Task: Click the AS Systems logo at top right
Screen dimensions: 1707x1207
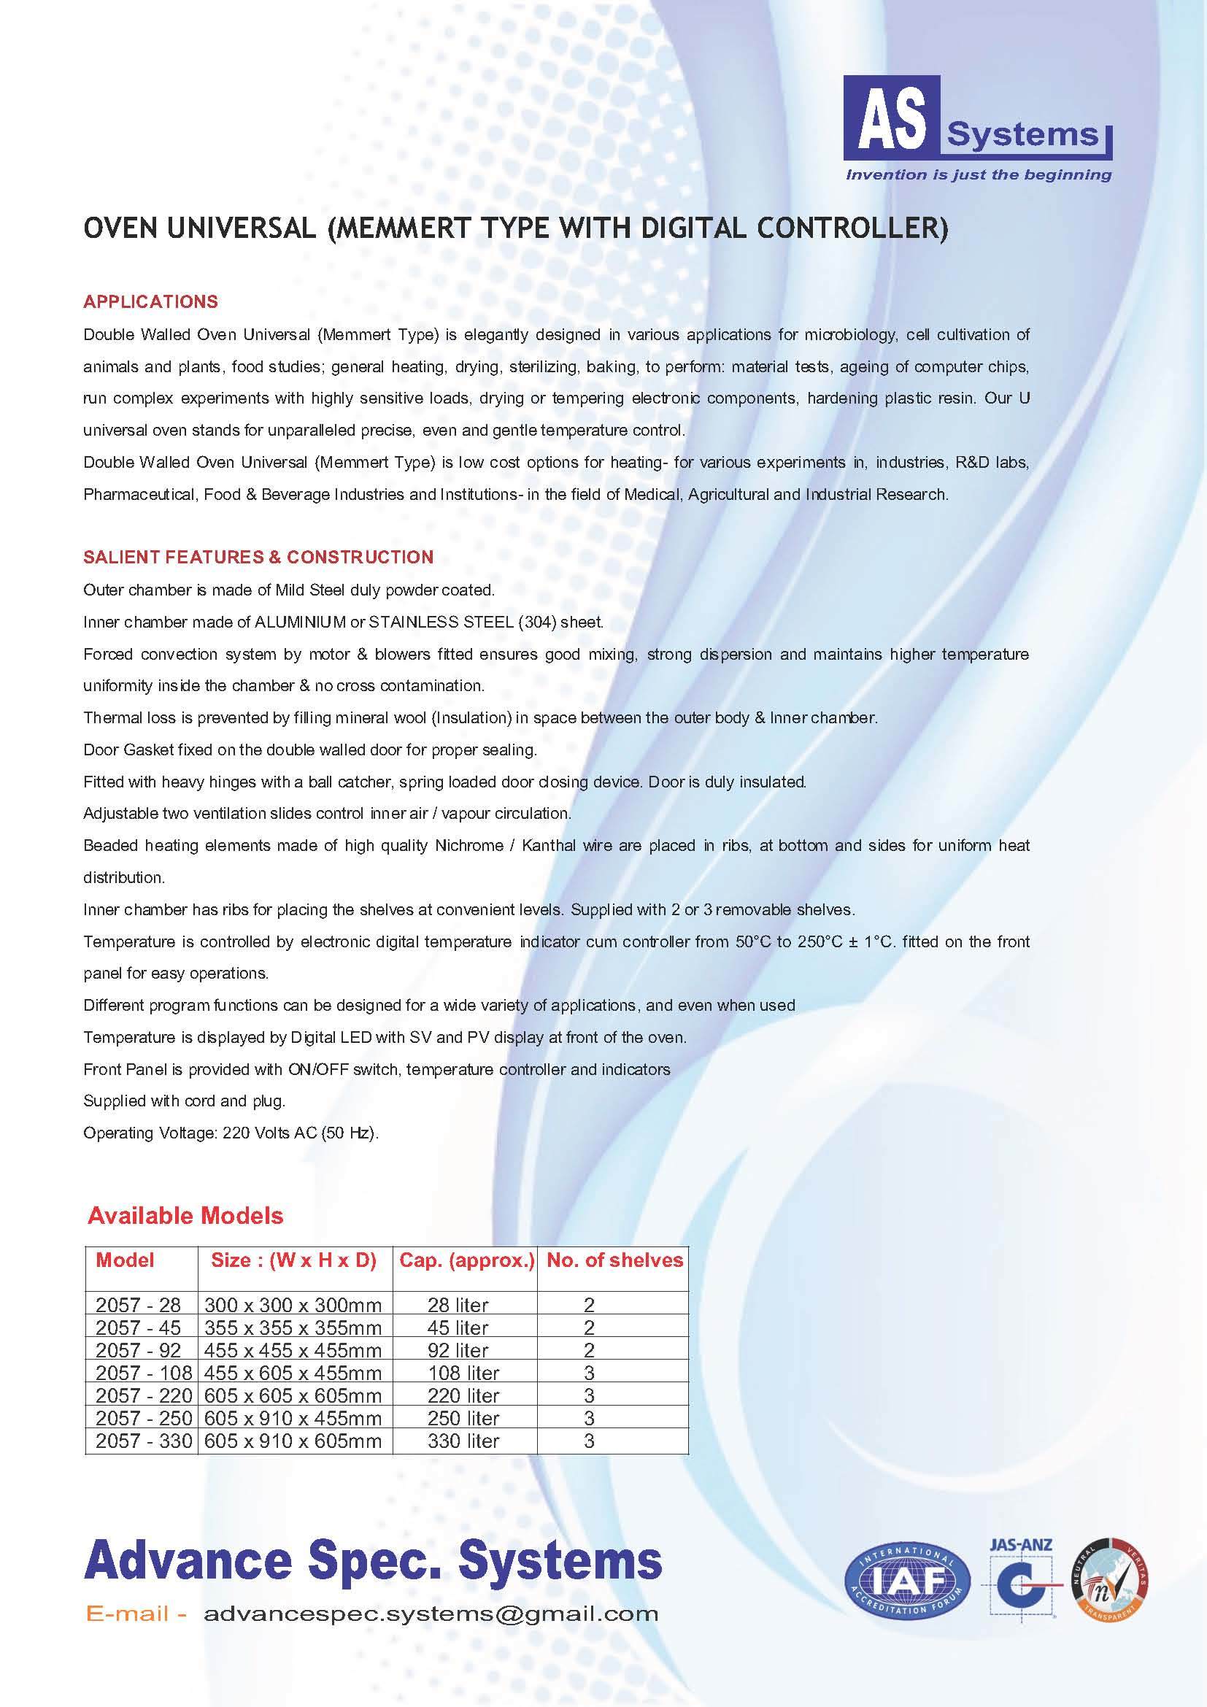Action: (x=976, y=119)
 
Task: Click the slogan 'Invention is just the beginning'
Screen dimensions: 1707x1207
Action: (x=978, y=175)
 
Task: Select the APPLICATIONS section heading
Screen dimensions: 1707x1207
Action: (x=151, y=302)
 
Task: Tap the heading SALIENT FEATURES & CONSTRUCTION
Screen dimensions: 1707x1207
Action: (x=258, y=557)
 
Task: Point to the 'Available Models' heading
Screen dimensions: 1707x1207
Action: (x=186, y=1216)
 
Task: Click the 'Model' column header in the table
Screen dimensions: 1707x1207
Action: (x=125, y=1260)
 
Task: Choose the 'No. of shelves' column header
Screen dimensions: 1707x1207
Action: (x=614, y=1260)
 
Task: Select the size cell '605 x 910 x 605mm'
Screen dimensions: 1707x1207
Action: (x=293, y=1441)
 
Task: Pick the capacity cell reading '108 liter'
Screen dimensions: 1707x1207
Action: (x=463, y=1373)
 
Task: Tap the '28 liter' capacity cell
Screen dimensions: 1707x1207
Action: (x=458, y=1305)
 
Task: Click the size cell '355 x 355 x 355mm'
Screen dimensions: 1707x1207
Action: (x=293, y=1328)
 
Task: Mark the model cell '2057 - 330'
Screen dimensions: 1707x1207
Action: (x=144, y=1441)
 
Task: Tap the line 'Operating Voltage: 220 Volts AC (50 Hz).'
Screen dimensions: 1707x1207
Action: (x=231, y=1133)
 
